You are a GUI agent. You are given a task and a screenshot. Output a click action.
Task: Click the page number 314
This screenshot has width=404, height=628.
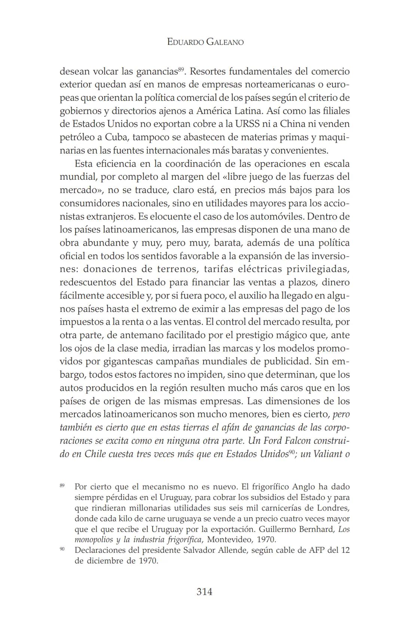[204, 592]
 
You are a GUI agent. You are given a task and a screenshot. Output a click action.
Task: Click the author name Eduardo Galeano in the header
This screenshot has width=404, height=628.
[205, 42]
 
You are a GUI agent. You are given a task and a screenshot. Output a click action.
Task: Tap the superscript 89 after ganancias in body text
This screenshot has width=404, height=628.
[181, 69]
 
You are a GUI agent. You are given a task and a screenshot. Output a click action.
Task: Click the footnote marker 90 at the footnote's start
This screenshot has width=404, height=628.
[62, 549]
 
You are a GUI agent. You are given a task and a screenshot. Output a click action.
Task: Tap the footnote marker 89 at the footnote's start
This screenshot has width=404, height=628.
[62, 485]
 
